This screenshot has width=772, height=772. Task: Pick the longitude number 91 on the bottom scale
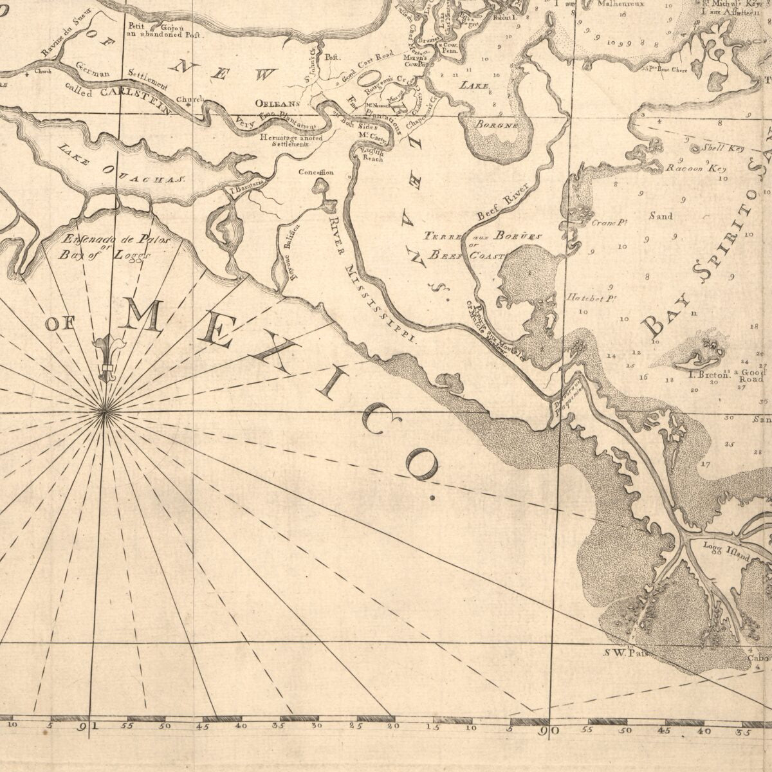86,726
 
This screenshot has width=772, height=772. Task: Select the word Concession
315,172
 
